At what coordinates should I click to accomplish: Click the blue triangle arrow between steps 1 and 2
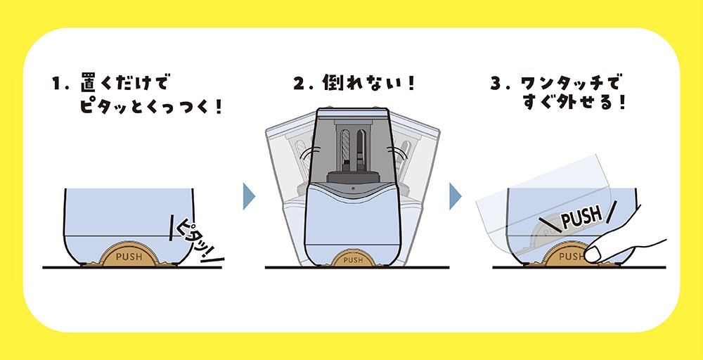(248, 197)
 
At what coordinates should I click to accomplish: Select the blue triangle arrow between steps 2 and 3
(456, 197)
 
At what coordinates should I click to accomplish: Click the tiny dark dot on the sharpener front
(353, 190)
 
